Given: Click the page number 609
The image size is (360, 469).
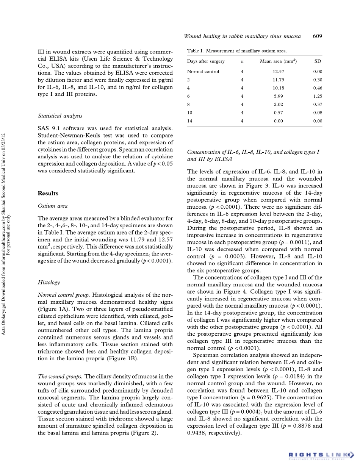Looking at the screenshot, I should pyautogui.click(x=318, y=36).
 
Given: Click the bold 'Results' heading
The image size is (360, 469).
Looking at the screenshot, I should pyautogui.click(x=48, y=193).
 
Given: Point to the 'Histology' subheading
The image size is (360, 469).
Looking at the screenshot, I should pyautogui.click(x=50, y=282).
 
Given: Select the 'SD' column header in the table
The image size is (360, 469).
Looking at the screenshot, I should pyautogui.click(x=319, y=61).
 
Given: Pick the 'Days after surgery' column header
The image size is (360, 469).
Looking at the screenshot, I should pyautogui.click(x=206, y=61).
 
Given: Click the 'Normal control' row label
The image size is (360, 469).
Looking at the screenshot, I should pyautogui.click(x=203, y=71).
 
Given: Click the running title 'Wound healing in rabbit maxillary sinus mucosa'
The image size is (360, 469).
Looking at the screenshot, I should pyautogui.click(x=242, y=36).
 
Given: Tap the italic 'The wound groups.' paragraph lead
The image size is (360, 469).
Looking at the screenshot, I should pyautogui.click(x=61, y=376).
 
